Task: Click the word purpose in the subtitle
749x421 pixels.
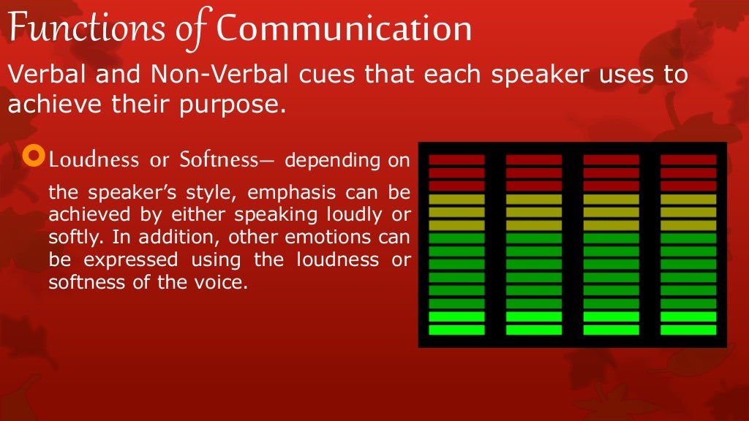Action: click(x=236, y=105)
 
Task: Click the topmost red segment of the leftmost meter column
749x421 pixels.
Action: click(x=456, y=159)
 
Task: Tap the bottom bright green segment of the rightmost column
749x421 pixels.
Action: click(x=688, y=330)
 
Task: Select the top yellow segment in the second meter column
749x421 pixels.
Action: click(x=534, y=199)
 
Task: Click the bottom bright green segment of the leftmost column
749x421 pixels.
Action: click(x=456, y=330)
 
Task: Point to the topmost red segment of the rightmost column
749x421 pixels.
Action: click(x=688, y=159)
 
